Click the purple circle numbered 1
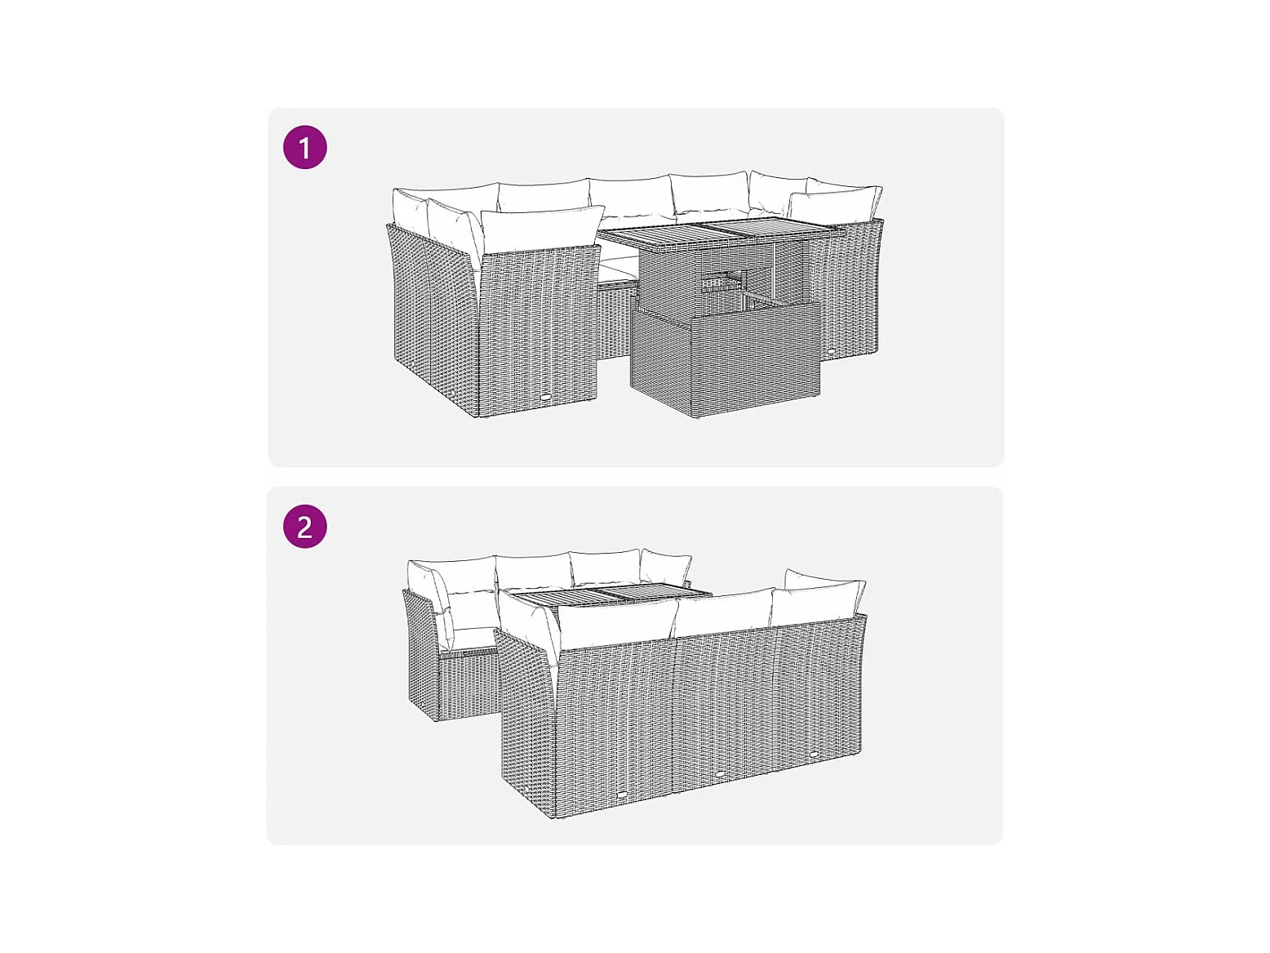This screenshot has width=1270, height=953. (305, 147)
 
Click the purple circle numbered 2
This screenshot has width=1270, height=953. (305, 526)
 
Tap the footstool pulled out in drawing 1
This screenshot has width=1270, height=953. (726, 358)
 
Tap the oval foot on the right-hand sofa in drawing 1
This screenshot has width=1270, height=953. (832, 350)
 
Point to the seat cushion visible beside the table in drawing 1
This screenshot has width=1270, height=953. (617, 270)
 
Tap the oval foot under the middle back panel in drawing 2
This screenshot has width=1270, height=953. (720, 773)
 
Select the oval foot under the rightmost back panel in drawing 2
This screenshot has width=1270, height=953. (815, 754)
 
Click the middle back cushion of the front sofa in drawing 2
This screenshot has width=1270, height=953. (725, 612)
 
